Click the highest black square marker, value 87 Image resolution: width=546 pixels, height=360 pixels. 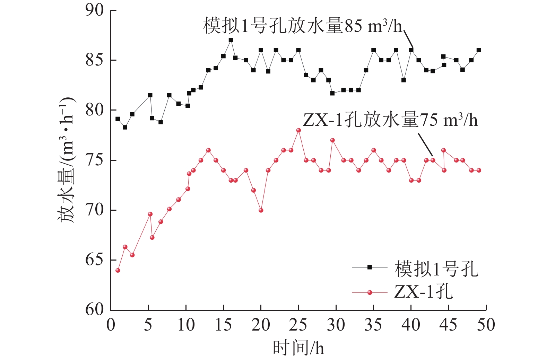pyautogui.click(x=231, y=40)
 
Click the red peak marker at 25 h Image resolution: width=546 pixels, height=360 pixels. pyautogui.click(x=298, y=130)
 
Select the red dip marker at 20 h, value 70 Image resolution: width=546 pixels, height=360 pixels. pyautogui.click(x=261, y=210)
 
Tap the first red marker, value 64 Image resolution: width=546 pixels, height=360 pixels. pyautogui.click(x=118, y=270)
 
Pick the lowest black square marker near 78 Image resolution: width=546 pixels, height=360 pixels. pyautogui.click(x=125, y=127)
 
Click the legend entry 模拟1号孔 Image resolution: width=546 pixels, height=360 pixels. pyautogui.click(x=436, y=269)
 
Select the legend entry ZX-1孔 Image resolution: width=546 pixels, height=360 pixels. pyautogui.click(x=423, y=292)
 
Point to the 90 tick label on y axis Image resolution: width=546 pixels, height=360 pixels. pyautogui.click(x=95, y=10)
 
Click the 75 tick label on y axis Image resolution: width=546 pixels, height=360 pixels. pyautogui.click(x=95, y=160)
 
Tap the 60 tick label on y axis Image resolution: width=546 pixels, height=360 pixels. pyautogui.click(x=95, y=309)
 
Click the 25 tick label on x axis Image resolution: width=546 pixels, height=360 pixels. pyautogui.click(x=298, y=325)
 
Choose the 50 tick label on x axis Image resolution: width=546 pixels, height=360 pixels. pyautogui.click(x=486, y=325)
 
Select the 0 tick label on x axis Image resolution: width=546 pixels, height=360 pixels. pyautogui.click(x=111, y=325)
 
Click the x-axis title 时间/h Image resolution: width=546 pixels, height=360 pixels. pyautogui.click(x=298, y=348)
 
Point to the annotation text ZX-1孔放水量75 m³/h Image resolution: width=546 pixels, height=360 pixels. pyautogui.click(x=390, y=120)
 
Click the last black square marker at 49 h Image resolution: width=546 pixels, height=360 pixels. pyautogui.click(x=479, y=50)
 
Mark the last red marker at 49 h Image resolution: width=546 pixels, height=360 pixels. pyautogui.click(x=479, y=170)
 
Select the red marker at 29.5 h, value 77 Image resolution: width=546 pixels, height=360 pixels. pyautogui.click(x=332, y=140)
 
